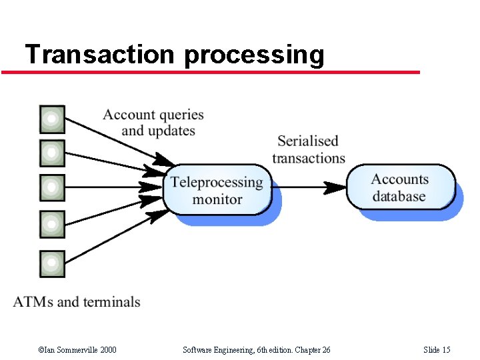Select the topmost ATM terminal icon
point(53,119)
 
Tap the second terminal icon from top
point(53,153)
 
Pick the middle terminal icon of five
point(53,187)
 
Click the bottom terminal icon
point(53,263)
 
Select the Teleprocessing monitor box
point(217,190)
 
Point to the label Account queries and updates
point(154,123)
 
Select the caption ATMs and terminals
point(77,302)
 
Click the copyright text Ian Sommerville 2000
point(77,350)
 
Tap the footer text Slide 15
point(437,350)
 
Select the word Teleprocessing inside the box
point(217,182)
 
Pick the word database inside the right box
point(399,196)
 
